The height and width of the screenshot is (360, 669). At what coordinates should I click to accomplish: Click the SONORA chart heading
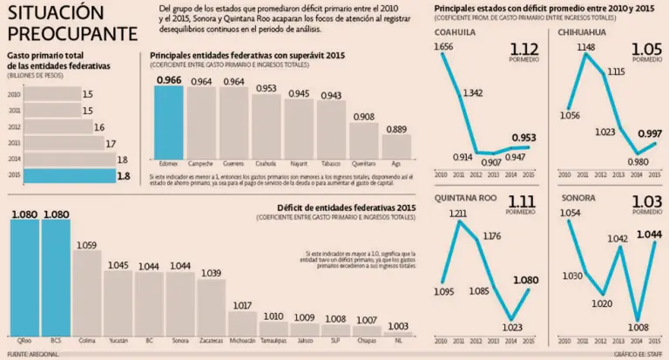point(578,199)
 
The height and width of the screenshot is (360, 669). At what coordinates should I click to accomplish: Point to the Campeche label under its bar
point(201,163)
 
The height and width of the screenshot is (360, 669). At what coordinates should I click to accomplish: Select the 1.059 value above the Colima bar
point(86,245)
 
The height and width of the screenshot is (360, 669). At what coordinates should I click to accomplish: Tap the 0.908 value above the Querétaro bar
point(363,116)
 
